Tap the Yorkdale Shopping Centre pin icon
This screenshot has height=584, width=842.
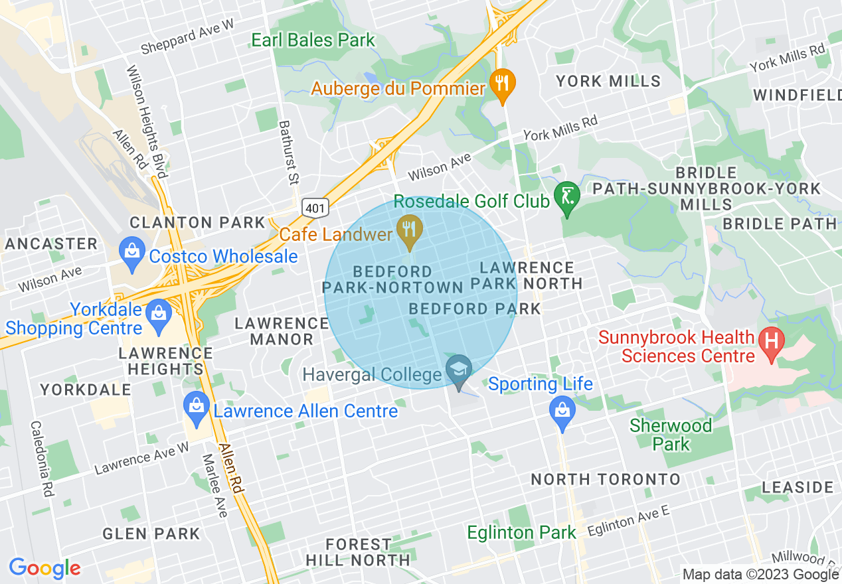159,312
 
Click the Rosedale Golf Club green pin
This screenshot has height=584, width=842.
567,197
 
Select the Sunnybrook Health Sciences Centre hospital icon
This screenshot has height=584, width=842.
771,342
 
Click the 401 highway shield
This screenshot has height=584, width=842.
315,208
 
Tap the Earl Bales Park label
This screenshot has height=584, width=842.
313,40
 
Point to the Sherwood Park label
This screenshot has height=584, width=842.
671,435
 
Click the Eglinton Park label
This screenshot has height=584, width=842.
521,533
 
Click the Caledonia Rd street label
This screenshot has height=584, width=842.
42,459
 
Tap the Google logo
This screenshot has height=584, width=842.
44,568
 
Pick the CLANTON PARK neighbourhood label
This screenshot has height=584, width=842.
198,222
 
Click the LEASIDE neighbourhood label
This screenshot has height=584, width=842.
798,488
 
